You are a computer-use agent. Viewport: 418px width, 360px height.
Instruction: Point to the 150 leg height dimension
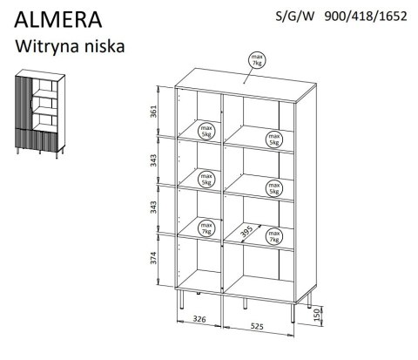coord(318,310)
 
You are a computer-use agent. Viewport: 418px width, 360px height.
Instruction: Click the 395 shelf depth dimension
coord(250,229)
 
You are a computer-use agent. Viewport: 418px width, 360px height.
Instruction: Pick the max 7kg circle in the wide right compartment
coord(275,235)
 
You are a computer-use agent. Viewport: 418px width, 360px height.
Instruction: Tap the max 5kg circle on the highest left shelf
coord(207,129)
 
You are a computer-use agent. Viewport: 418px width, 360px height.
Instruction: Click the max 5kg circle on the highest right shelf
coord(274,140)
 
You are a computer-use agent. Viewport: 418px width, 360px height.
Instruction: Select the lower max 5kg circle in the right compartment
coord(275,187)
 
